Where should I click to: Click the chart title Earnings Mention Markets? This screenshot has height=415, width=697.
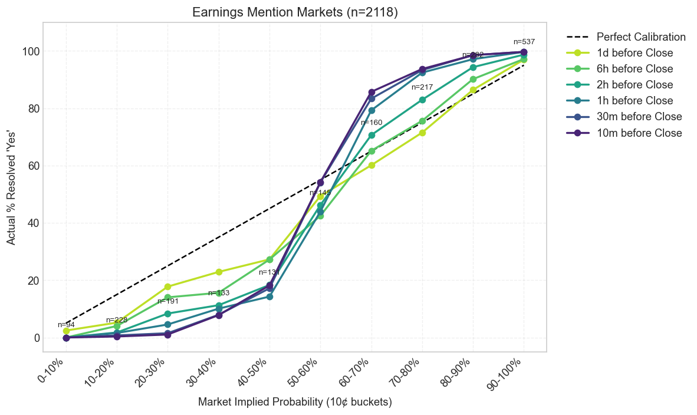(x=295, y=12)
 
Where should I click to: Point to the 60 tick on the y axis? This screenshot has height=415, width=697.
(x=30, y=166)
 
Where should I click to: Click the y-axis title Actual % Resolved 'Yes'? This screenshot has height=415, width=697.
(x=11, y=194)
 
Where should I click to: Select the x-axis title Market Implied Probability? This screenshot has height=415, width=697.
(x=295, y=402)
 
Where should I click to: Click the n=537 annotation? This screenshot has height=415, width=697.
(x=524, y=42)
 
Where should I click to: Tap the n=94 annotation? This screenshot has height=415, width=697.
(x=66, y=325)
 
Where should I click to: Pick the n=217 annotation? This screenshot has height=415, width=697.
(x=422, y=87)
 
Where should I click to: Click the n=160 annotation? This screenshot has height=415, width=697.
(x=371, y=123)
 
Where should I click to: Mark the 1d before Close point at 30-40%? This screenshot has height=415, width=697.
(x=219, y=272)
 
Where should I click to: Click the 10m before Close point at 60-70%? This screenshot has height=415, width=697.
(x=371, y=92)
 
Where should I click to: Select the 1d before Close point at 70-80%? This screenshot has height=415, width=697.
(x=422, y=133)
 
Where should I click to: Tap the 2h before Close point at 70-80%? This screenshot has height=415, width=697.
(x=422, y=100)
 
